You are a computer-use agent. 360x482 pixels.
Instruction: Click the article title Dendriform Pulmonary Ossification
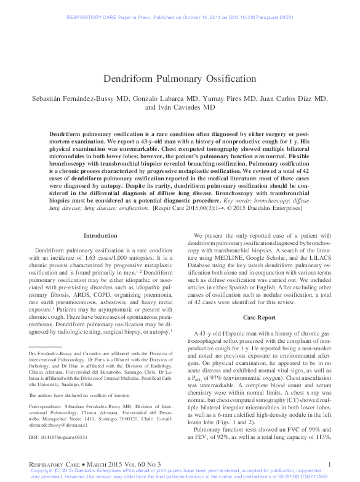click(179, 79)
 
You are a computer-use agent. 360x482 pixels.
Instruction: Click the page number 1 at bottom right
click(330, 464)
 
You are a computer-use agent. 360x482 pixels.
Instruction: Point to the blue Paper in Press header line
click(180, 9)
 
